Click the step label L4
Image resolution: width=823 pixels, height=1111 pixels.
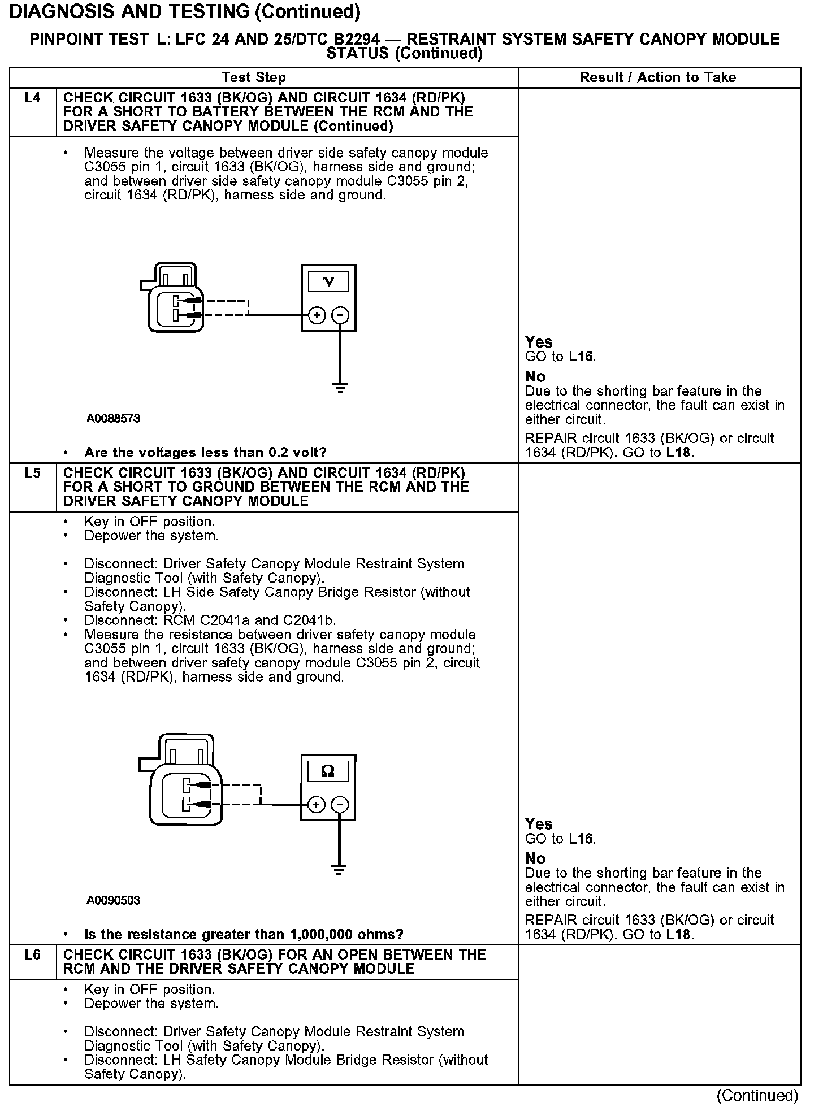[33, 98]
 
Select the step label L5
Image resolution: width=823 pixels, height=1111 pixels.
[33, 473]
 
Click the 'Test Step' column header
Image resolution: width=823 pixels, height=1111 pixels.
[254, 77]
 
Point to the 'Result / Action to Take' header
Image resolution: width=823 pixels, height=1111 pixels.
[658, 77]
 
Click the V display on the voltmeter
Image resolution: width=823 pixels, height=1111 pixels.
[328, 281]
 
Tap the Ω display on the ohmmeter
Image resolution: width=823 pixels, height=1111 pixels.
[328, 771]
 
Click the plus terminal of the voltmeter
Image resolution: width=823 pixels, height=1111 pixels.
[317, 315]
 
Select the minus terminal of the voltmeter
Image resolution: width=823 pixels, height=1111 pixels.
[340, 315]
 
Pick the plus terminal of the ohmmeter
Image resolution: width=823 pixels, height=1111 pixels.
[317, 804]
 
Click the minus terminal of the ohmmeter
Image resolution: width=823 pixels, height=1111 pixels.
[339, 804]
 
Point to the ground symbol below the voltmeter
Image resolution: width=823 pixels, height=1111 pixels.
[340, 388]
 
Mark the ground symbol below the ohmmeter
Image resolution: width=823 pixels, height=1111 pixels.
[339, 870]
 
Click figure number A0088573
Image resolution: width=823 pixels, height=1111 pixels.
[113, 419]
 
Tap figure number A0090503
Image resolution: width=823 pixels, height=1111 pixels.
[113, 900]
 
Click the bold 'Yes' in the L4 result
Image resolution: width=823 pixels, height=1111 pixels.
[538, 342]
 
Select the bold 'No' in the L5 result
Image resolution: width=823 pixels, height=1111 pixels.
[535, 858]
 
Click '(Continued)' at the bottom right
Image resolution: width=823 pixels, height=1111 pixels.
[757, 1095]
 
